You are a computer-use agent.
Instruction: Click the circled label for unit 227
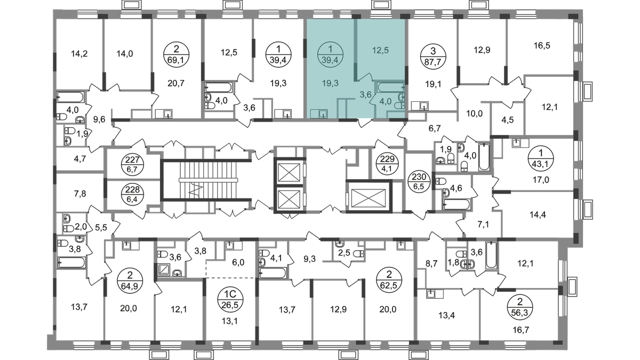pos(133,164)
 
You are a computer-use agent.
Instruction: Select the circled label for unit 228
pos(133,194)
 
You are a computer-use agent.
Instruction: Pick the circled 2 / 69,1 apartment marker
pos(177,54)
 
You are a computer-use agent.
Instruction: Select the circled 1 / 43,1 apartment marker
pos(541,158)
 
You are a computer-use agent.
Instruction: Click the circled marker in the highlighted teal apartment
pos(330,54)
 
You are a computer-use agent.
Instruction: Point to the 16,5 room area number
pos(542,46)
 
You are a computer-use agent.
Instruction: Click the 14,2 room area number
pos(79,53)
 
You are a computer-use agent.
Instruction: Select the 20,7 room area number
pos(176,83)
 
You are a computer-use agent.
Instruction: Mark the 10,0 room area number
pos(474,114)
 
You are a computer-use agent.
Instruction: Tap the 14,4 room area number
pos(538,214)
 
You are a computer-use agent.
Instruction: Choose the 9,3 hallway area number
pos(309,260)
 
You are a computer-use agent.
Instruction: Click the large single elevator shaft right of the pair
pos(369,197)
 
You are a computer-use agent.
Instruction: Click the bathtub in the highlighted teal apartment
pos(391,87)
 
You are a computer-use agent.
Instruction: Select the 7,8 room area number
pos(79,194)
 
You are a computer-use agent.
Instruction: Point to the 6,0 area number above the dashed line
pos(238,262)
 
